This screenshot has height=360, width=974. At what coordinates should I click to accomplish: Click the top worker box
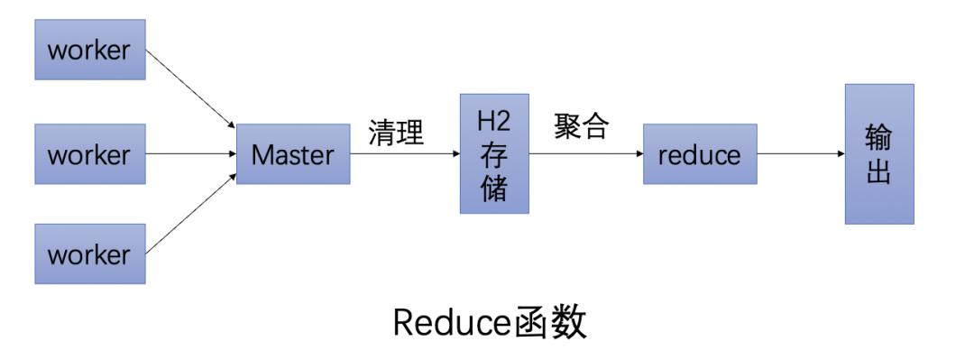pos(90,50)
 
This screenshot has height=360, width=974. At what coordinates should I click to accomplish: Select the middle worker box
pos(90,154)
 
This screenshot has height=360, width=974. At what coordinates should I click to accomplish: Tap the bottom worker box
pos(90,254)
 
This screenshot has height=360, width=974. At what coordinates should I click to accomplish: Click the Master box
pos(292,154)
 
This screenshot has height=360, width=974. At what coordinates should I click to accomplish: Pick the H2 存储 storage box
pos(493,153)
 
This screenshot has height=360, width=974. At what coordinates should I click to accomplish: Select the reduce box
pos(699,154)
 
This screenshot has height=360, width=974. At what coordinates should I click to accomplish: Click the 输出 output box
pos(878,153)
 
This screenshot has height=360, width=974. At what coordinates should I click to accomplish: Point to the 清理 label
pos(396,133)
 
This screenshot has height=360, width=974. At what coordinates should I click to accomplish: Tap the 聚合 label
pos(582,127)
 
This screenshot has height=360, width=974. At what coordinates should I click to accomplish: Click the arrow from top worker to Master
pos(190,88)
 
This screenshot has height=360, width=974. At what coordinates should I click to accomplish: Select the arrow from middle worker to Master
pos(190,154)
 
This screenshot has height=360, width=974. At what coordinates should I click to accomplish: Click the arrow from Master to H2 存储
pos(404,154)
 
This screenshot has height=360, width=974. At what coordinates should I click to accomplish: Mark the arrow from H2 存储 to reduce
pos(586,154)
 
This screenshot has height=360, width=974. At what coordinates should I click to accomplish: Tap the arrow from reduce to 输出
pos(801,154)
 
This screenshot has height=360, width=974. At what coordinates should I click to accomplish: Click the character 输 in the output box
pos(878,138)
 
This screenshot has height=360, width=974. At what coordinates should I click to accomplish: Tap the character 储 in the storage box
pos(493,189)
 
